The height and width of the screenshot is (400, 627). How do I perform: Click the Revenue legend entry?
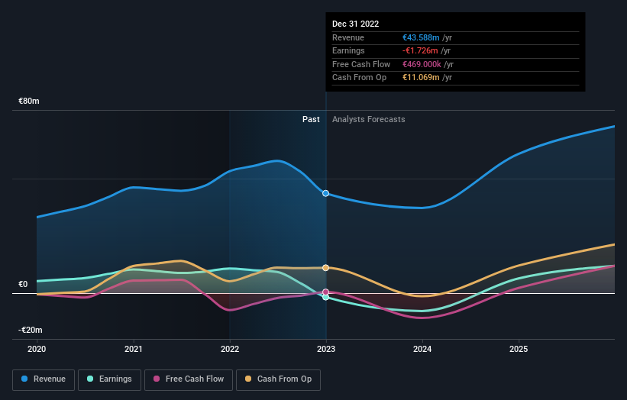point(44,379)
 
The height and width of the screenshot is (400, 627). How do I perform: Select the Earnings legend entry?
point(108,379)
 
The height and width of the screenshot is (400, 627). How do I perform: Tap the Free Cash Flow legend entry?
point(181,379)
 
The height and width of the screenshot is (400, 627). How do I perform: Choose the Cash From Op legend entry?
point(278,379)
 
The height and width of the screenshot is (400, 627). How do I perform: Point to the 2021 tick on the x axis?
point(134,349)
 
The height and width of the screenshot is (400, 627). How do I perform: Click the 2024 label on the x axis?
point(422,349)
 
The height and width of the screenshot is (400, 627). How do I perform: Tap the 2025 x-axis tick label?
point(519,349)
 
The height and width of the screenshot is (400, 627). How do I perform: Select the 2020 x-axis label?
point(37,349)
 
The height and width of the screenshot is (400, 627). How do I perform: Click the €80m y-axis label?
point(29,102)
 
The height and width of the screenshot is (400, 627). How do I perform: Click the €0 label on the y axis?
point(23,285)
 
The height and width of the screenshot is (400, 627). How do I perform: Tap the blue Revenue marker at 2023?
point(326,193)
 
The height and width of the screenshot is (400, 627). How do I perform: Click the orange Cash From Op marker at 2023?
point(326,268)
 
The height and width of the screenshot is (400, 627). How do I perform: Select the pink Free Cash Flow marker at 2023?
point(326,292)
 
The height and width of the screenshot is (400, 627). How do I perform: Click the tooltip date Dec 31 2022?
point(355,24)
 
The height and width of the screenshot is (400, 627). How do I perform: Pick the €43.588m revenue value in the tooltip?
point(421,38)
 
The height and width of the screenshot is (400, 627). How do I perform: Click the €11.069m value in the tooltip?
point(421,78)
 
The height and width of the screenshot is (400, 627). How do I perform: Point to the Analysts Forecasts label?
point(368,120)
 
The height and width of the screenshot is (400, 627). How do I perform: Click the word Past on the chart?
point(311,120)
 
